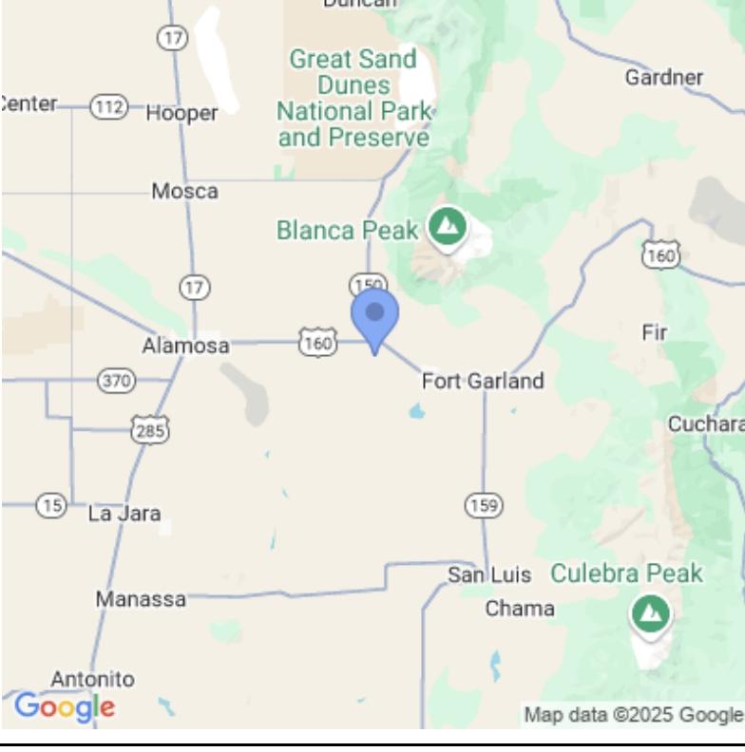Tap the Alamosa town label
(x=185, y=347)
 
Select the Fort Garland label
(x=483, y=382)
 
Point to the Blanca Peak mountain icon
(x=446, y=227)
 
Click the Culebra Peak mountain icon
(x=650, y=613)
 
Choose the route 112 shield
(x=108, y=107)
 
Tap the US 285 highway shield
(x=151, y=429)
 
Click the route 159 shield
(x=484, y=505)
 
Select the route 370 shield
(x=116, y=381)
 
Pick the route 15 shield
(x=51, y=505)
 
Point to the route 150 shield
(x=368, y=284)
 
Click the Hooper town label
(x=181, y=114)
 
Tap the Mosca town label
(x=184, y=192)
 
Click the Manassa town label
(x=141, y=600)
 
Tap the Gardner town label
(x=664, y=78)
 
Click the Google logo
(x=64, y=707)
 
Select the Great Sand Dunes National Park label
(x=353, y=99)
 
